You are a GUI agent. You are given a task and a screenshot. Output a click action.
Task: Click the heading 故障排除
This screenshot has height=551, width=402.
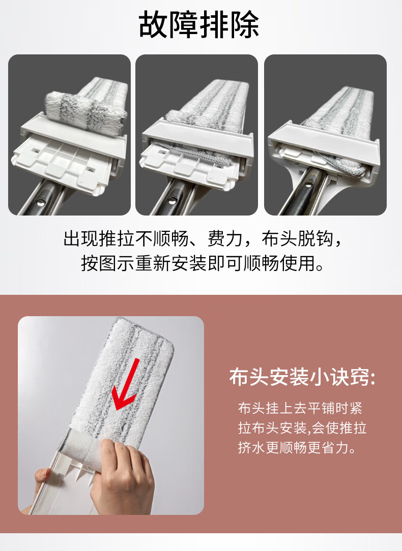click(x=199, y=24)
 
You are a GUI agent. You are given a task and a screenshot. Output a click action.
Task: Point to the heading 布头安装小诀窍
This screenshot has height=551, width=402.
click(x=302, y=377)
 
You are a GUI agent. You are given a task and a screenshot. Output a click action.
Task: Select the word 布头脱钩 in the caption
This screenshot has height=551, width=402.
click(x=297, y=239)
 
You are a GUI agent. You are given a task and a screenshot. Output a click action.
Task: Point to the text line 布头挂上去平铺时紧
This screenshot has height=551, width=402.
click(x=300, y=408)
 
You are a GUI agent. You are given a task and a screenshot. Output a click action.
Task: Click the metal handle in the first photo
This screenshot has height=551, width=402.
click(x=42, y=197)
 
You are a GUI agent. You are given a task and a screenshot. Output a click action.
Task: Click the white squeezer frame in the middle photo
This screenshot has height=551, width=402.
click(x=197, y=141)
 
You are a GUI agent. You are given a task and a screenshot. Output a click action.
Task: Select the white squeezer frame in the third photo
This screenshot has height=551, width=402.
click(x=324, y=147)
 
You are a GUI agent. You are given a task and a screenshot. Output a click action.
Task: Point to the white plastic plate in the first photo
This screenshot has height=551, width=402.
click(x=60, y=162)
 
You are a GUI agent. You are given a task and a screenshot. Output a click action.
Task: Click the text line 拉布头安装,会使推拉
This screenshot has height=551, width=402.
click(x=302, y=427)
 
